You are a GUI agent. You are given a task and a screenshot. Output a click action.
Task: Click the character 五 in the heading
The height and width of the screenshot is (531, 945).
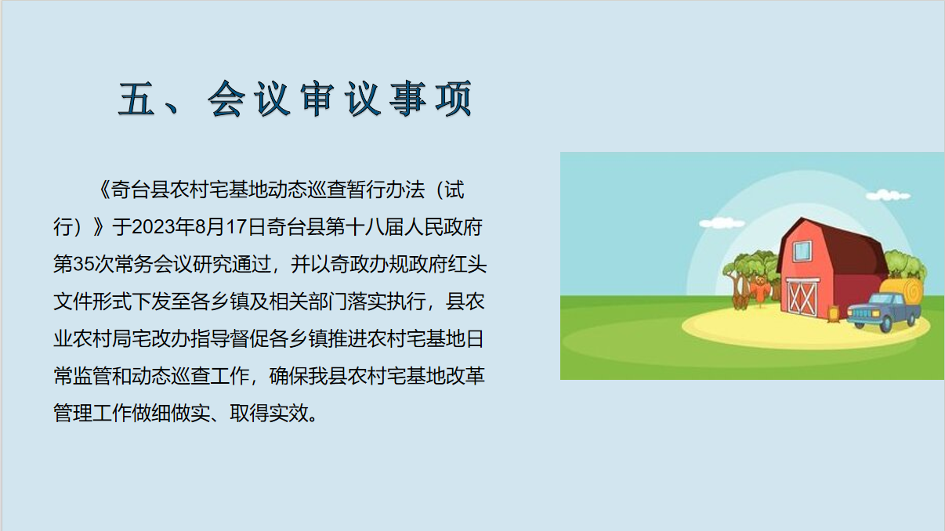pyautogui.click(x=136, y=99)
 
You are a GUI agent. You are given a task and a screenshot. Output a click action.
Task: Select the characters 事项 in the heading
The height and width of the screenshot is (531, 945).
pyautogui.click(x=430, y=99)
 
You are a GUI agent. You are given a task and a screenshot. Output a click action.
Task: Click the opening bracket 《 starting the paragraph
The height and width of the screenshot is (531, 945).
pyautogui.click(x=103, y=190)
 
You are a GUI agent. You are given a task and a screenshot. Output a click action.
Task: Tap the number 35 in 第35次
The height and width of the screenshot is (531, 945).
pyautogui.click(x=84, y=264)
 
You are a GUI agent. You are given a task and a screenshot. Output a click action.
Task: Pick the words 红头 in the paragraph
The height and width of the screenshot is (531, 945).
pyautogui.click(x=466, y=264)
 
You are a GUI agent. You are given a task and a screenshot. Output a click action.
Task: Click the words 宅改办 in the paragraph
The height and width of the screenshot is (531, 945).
pyautogui.click(x=161, y=338)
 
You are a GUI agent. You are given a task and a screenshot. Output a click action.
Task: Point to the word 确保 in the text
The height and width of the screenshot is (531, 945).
pyautogui.click(x=288, y=376)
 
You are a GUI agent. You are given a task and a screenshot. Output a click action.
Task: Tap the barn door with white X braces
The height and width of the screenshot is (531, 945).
pyautogui.click(x=802, y=298)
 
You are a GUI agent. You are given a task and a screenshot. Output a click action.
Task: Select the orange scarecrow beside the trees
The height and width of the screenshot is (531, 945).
pyautogui.click(x=760, y=291)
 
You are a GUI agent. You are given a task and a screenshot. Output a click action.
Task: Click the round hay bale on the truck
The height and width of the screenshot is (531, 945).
pyautogui.click(x=903, y=294)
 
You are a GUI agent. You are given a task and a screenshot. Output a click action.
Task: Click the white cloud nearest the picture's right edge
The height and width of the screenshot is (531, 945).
pyautogui.click(x=888, y=195)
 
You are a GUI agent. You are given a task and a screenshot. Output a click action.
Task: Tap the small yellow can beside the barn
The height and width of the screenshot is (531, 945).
pyautogui.click(x=832, y=314)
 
